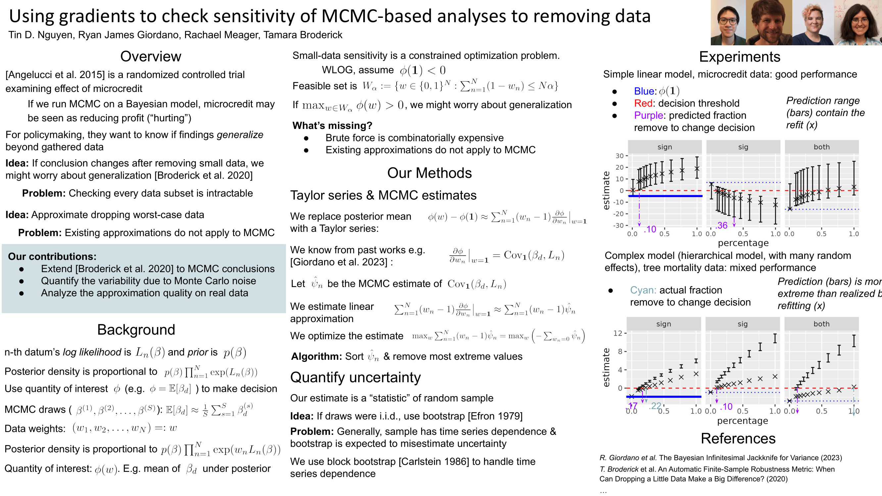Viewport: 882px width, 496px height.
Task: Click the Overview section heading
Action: tap(151, 57)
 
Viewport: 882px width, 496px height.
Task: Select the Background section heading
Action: tap(136, 329)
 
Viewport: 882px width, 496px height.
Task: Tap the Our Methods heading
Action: tap(429, 173)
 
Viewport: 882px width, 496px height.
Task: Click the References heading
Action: tap(738, 438)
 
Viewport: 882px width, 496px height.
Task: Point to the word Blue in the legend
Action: tap(644, 91)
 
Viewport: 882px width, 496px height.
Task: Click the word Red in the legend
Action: tap(643, 103)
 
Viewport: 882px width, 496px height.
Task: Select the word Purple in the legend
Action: tap(649, 115)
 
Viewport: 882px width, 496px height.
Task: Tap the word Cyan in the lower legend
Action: tap(643, 290)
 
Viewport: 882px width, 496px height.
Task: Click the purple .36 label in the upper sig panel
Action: tap(722, 226)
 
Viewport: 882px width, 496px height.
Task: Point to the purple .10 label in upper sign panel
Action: tap(650, 229)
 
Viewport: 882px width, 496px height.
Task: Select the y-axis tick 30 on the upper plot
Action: tap(619, 156)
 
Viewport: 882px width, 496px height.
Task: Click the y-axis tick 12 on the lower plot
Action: tap(617, 333)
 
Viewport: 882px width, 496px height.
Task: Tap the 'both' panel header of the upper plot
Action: tap(821, 147)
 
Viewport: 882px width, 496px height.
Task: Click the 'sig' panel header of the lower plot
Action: tap(742, 324)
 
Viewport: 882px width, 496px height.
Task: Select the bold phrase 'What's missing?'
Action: tap(332, 126)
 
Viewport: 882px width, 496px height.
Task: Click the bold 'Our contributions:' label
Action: tap(52, 256)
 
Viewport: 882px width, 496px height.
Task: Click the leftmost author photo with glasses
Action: tap(728, 22)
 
